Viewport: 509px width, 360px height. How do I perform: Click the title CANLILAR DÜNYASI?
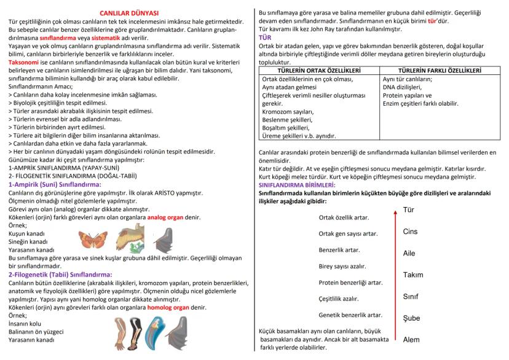(x=128, y=12)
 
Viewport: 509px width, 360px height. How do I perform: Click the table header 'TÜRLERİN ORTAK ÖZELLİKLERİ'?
(x=318, y=71)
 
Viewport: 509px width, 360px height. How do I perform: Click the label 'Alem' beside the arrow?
(x=411, y=340)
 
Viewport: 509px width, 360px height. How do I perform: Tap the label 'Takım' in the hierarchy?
(x=413, y=275)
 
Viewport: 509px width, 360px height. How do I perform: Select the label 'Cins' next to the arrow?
(x=410, y=232)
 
